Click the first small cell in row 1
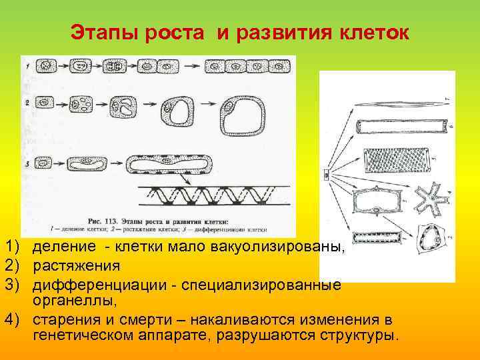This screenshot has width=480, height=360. click(45, 67)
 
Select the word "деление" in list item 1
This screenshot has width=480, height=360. click(63, 248)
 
